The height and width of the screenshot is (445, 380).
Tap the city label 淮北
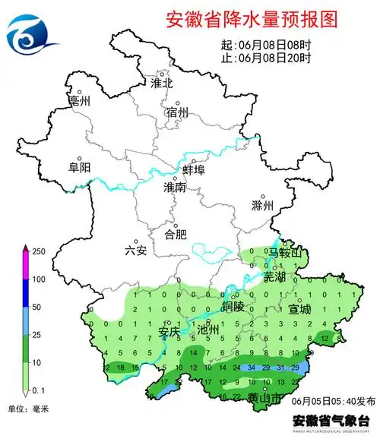tap(162, 82)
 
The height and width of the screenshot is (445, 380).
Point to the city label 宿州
tap(176, 113)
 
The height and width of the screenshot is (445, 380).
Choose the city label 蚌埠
tap(194, 170)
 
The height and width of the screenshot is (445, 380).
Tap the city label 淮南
tap(175, 187)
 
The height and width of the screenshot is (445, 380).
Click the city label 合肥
tap(176, 234)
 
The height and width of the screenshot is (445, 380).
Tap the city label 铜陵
tap(233, 307)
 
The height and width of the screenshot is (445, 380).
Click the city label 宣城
tap(299, 309)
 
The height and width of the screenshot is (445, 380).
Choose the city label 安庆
tap(169, 330)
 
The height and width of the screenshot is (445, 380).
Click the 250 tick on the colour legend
tap(38, 251)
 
